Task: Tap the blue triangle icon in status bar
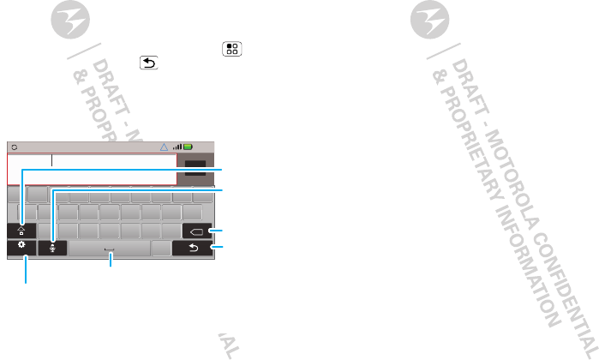pos(166,147)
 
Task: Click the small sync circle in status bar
pos(15,147)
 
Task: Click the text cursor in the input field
pos(51,160)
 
